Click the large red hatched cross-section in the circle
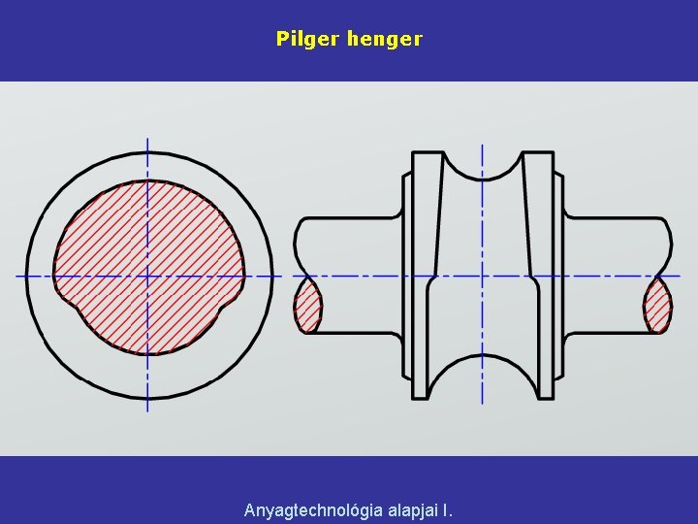[148, 252]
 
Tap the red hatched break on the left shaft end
[307, 305]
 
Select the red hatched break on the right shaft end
[657, 305]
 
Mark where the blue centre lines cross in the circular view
[147, 277]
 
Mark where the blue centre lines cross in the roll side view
[482, 277]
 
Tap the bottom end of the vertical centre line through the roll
[482, 401]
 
